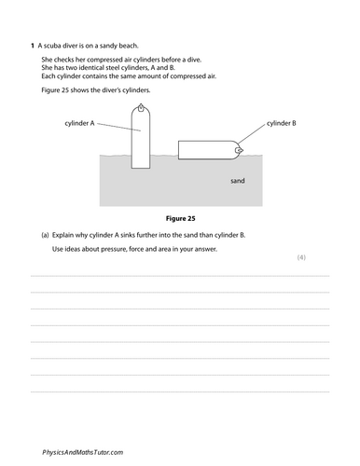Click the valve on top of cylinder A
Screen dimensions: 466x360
[141, 108]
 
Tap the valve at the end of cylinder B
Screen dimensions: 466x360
[241, 149]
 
